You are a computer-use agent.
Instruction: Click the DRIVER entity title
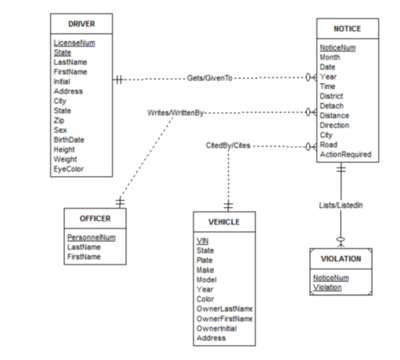pyautogui.click(x=81, y=24)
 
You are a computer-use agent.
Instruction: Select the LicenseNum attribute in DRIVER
pyautogui.click(x=74, y=43)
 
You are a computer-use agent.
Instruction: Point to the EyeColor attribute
pyautogui.click(x=69, y=170)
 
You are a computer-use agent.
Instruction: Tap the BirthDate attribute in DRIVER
pyautogui.click(x=69, y=140)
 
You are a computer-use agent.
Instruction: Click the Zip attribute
pyautogui.click(x=59, y=121)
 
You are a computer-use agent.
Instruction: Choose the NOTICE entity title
pyautogui.click(x=347, y=29)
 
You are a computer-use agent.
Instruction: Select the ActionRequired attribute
pyautogui.click(x=345, y=155)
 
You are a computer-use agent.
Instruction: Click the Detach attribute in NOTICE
pyautogui.click(x=331, y=106)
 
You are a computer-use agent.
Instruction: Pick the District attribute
pyautogui.click(x=332, y=96)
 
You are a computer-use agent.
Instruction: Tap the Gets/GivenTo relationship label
pyautogui.click(x=210, y=77)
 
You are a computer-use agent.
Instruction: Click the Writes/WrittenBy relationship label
pyautogui.click(x=176, y=113)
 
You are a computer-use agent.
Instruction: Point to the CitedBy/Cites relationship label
pyautogui.click(x=228, y=145)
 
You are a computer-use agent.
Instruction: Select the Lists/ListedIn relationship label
pyautogui.click(x=341, y=205)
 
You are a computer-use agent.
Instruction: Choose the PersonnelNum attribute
pyautogui.click(x=91, y=236)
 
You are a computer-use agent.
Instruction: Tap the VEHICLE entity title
pyautogui.click(x=223, y=222)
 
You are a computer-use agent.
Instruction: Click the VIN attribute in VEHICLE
pyautogui.click(x=202, y=241)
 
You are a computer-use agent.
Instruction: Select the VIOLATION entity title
pyautogui.click(x=341, y=258)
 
